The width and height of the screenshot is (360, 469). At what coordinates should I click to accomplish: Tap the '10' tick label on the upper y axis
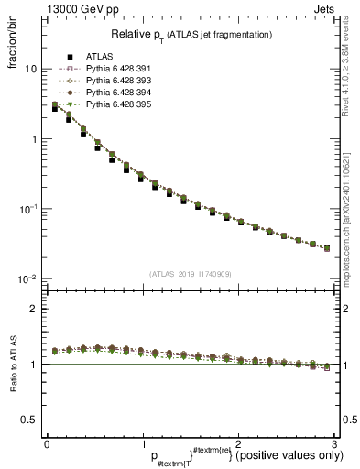(30, 70)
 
